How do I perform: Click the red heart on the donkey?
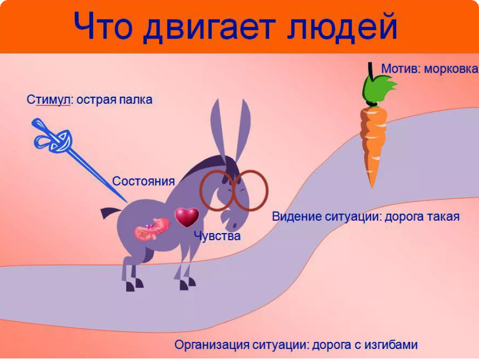point(187,217)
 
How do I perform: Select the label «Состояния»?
point(143,181)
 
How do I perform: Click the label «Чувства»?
point(217,236)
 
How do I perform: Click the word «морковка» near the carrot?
point(450,69)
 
